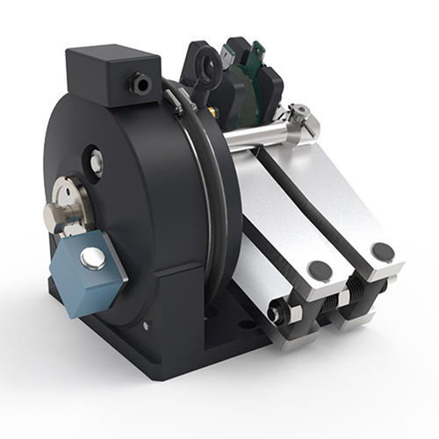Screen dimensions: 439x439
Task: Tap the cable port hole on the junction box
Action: coord(140,85)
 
